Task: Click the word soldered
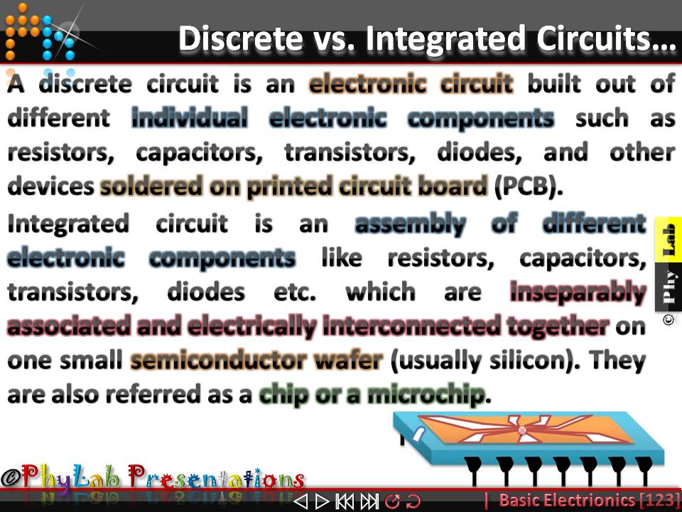(150, 186)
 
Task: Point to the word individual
(190, 117)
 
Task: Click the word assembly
(410, 224)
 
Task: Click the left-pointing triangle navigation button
(301, 501)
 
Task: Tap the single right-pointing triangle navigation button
(321, 501)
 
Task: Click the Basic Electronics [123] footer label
(583, 500)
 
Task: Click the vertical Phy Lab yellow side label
(668, 263)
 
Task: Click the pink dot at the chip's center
(523, 430)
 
